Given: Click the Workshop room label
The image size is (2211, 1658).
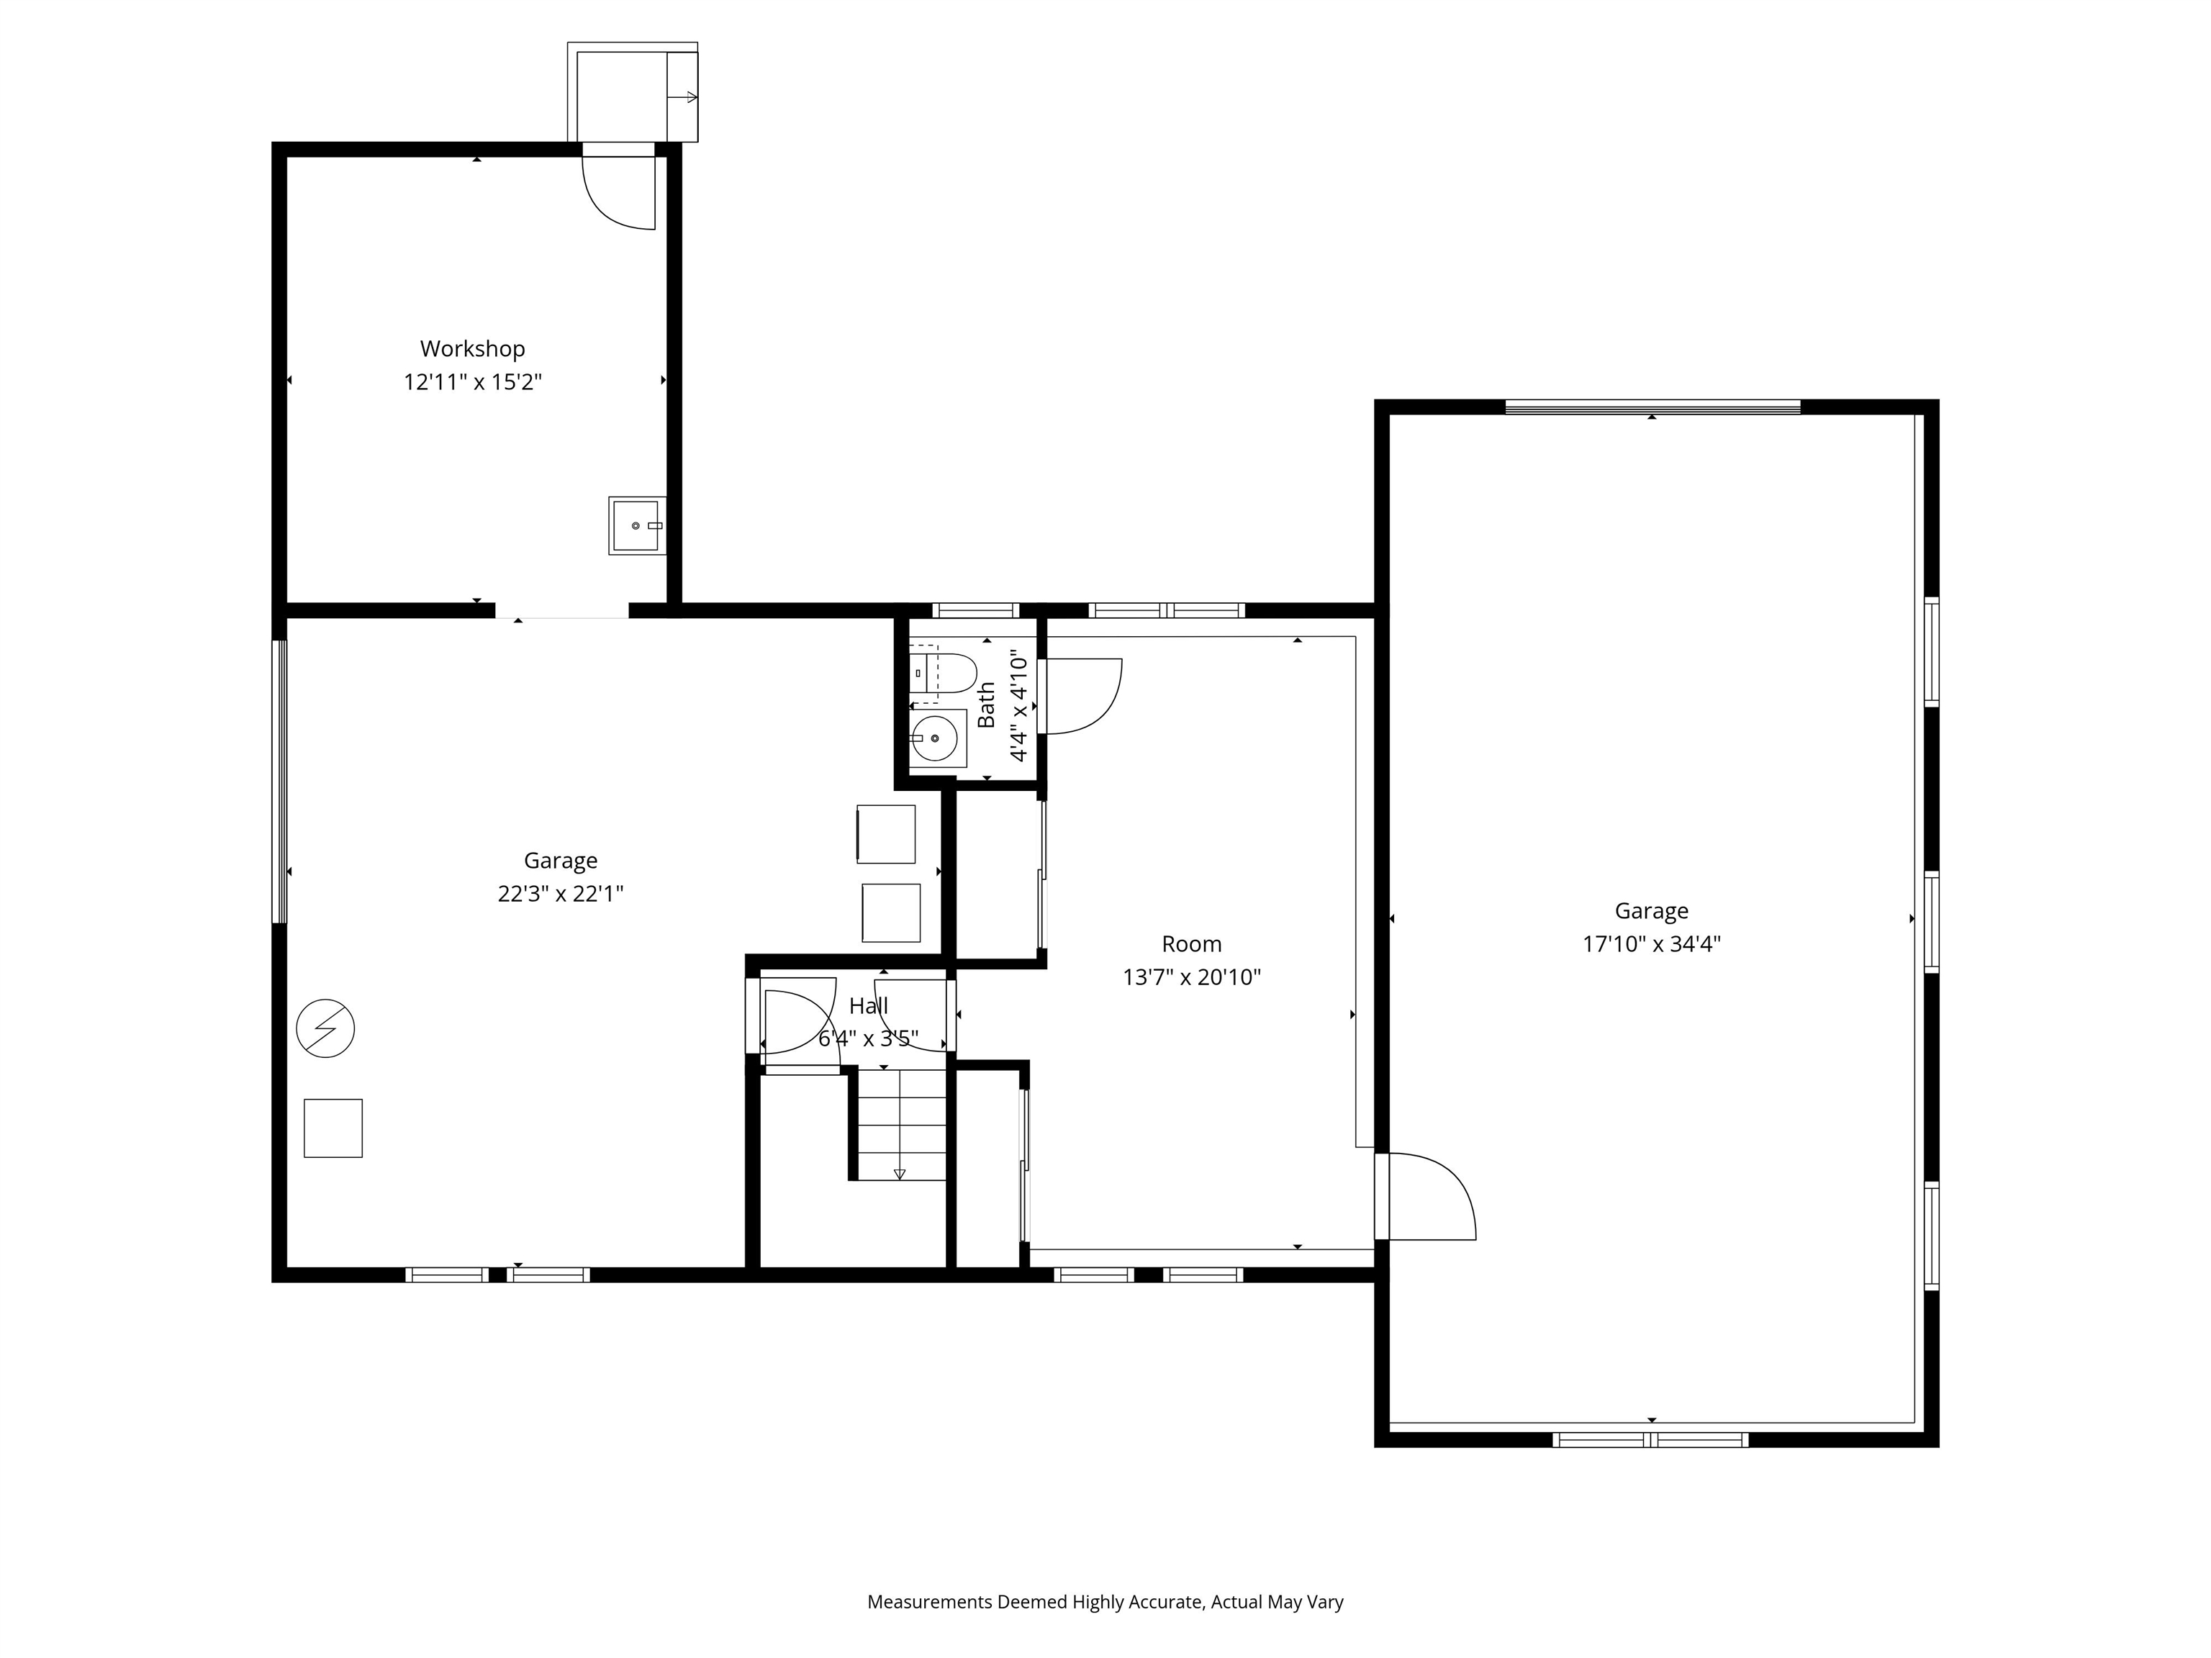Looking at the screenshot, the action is (472, 349).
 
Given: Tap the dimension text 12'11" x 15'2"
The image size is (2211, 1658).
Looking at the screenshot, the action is (473, 382).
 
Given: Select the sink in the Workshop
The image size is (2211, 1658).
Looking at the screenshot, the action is (637, 526).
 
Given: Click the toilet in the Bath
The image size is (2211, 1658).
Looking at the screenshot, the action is (943, 673).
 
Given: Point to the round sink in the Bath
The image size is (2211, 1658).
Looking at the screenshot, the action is (936, 738).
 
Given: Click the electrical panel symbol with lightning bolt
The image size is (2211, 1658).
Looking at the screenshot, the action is (326, 1028).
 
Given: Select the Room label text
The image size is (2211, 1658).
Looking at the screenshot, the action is (1191, 944).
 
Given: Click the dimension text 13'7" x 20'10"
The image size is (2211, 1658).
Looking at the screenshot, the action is (1191, 977).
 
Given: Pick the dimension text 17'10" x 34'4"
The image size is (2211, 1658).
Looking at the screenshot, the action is (1651, 944).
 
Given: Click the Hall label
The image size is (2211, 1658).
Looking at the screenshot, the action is (869, 1007).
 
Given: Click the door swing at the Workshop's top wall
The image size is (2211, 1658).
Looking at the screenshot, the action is (619, 193).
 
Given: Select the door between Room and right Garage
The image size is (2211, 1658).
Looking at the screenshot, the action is (1426, 1196).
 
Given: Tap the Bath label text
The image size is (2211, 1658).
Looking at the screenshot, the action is (987, 705).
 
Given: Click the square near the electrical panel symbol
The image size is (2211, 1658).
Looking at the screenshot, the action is (333, 1128).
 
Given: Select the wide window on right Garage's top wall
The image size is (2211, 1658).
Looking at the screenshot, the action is (1652, 406).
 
